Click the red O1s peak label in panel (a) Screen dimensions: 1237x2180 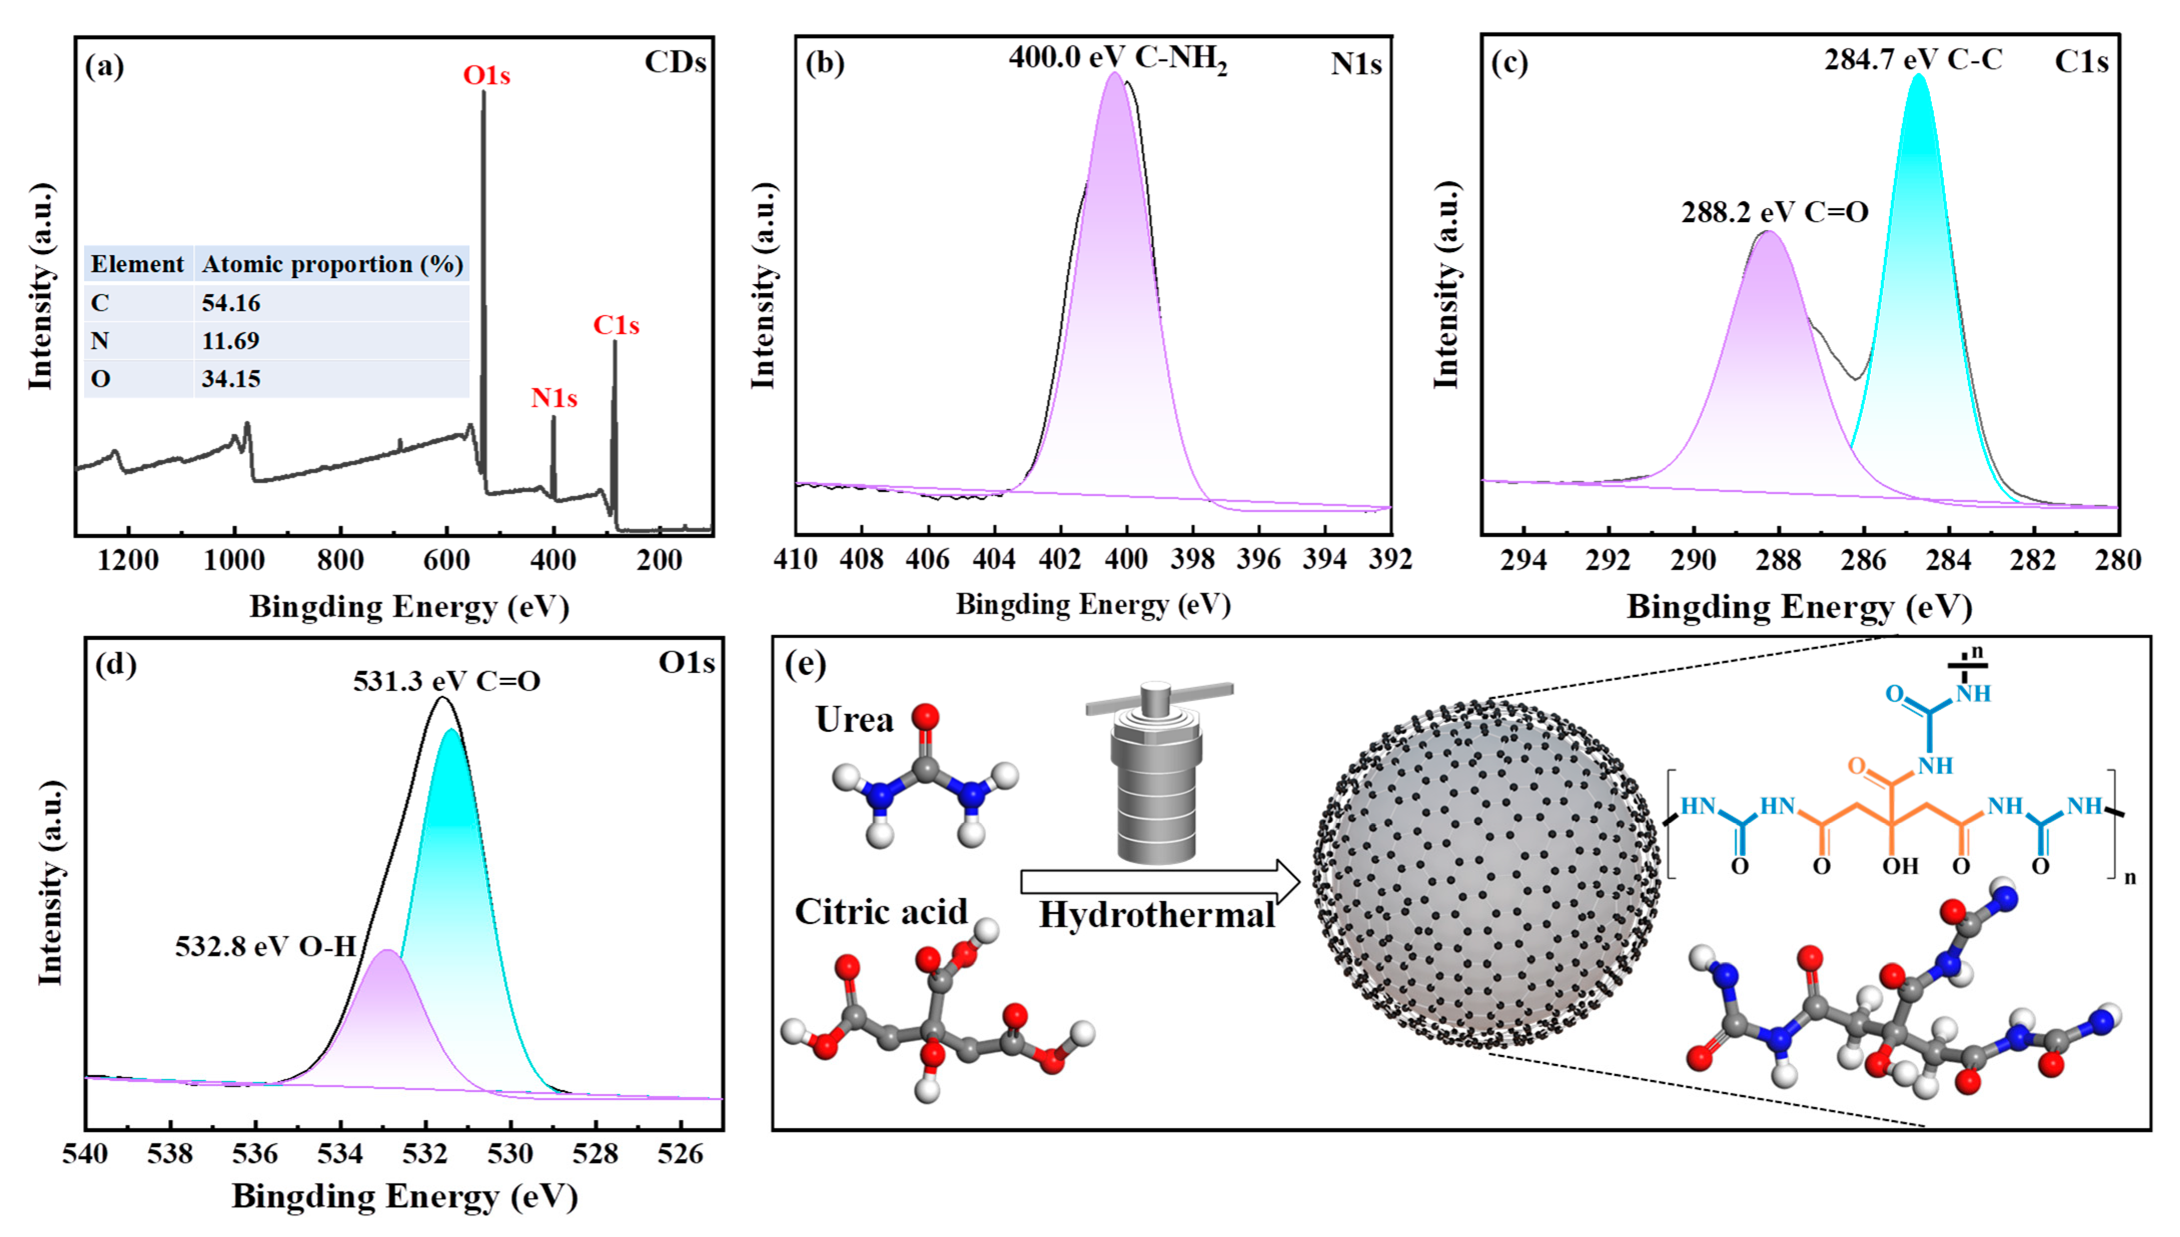pyautogui.click(x=486, y=76)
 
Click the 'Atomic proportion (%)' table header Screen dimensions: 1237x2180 pyautogui.click(x=332, y=264)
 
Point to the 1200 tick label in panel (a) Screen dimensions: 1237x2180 pyautogui.click(x=128, y=561)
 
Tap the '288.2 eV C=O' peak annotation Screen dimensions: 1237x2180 pyautogui.click(x=1774, y=212)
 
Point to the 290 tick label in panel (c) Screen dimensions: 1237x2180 pyautogui.click(x=1693, y=561)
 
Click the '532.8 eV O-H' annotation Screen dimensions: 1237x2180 pyautogui.click(x=265, y=946)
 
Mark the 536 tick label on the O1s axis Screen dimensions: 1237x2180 pyautogui.click(x=255, y=1154)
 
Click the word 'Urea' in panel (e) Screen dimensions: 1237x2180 pyautogui.click(x=854, y=720)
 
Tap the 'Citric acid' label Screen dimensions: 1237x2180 pyautogui.click(x=881, y=911)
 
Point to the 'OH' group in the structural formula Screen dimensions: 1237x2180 pyautogui.click(x=1900, y=866)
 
